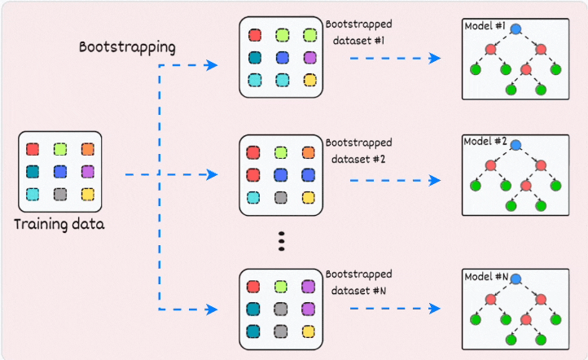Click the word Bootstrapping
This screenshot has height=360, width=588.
tap(126, 46)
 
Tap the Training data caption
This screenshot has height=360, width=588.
tap(59, 222)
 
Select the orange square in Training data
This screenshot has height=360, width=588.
tap(88, 149)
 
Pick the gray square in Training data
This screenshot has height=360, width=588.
tap(59, 194)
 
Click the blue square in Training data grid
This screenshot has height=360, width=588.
tap(59, 172)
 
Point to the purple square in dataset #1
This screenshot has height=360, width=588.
tap(309, 58)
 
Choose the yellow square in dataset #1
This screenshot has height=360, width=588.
tap(309, 80)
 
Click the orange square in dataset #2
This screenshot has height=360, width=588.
tap(309, 152)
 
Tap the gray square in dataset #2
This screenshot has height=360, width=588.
tap(282, 197)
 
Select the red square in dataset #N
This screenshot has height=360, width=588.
tap(254, 286)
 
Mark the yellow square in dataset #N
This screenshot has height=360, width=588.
tap(309, 331)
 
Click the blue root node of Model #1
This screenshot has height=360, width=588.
tap(516, 29)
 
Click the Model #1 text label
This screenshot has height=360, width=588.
tap(485, 26)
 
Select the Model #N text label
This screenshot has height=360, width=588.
tap(485, 277)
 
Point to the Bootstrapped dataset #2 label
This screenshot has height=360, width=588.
tap(358, 151)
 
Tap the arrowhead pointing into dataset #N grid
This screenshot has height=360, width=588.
tap(213, 310)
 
